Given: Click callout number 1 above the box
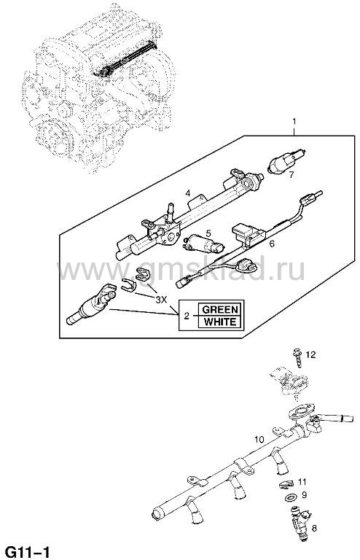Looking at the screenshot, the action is click(x=294, y=122).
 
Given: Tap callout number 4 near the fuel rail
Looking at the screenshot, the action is click(x=188, y=193).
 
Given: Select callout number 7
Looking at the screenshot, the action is click(x=291, y=175).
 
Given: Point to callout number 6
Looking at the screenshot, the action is click(x=272, y=244).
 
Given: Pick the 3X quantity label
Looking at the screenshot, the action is click(x=161, y=299).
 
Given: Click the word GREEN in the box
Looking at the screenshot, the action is click(x=219, y=309).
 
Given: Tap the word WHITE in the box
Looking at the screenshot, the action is click(x=219, y=322).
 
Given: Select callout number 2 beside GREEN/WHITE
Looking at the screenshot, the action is click(x=187, y=316).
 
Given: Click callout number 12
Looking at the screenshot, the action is click(x=310, y=354).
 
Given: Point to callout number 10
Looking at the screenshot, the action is click(x=259, y=440).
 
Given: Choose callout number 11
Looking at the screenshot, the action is click(x=302, y=482).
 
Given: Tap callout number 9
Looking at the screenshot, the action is click(x=304, y=495).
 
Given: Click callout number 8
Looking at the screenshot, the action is click(x=314, y=528).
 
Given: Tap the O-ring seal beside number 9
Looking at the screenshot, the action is click(x=291, y=497).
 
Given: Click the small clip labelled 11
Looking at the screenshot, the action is click(x=286, y=483).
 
